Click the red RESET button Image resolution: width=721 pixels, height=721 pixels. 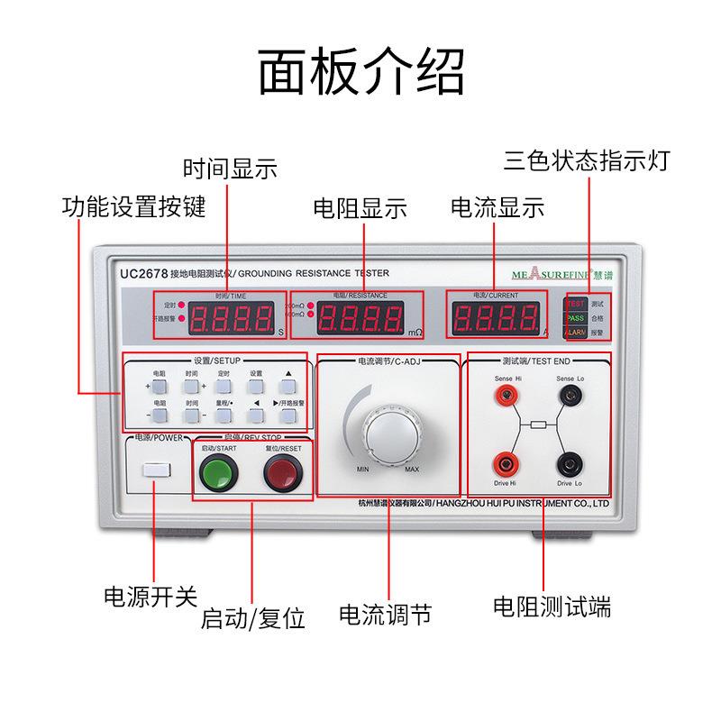(x=280, y=471)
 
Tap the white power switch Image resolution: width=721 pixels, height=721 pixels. (x=157, y=470)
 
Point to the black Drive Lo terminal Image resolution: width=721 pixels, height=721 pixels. (x=569, y=464)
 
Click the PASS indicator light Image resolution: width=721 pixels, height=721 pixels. (x=576, y=319)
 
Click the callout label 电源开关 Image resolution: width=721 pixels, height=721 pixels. (x=150, y=596)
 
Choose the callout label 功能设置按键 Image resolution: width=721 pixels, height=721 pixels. (x=133, y=207)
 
